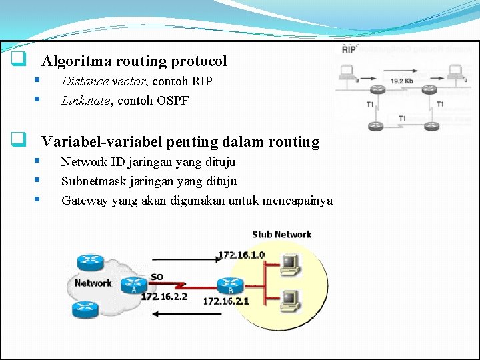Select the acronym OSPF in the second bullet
173,101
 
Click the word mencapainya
298,200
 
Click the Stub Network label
281,234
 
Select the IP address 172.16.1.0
241,255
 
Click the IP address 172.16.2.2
164,296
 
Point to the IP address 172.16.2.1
226,301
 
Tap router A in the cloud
134,286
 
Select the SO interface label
157,277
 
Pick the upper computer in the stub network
289,264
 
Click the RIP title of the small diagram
349,49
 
